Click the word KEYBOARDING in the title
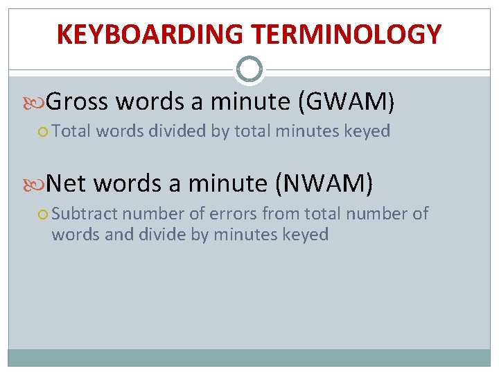point(148,34)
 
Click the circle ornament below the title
point(249,69)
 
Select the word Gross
point(78,102)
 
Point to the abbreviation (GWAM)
point(346,103)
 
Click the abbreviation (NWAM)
point(324,184)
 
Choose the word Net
point(67,184)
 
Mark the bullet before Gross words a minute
point(40,103)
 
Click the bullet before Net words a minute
point(40,185)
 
